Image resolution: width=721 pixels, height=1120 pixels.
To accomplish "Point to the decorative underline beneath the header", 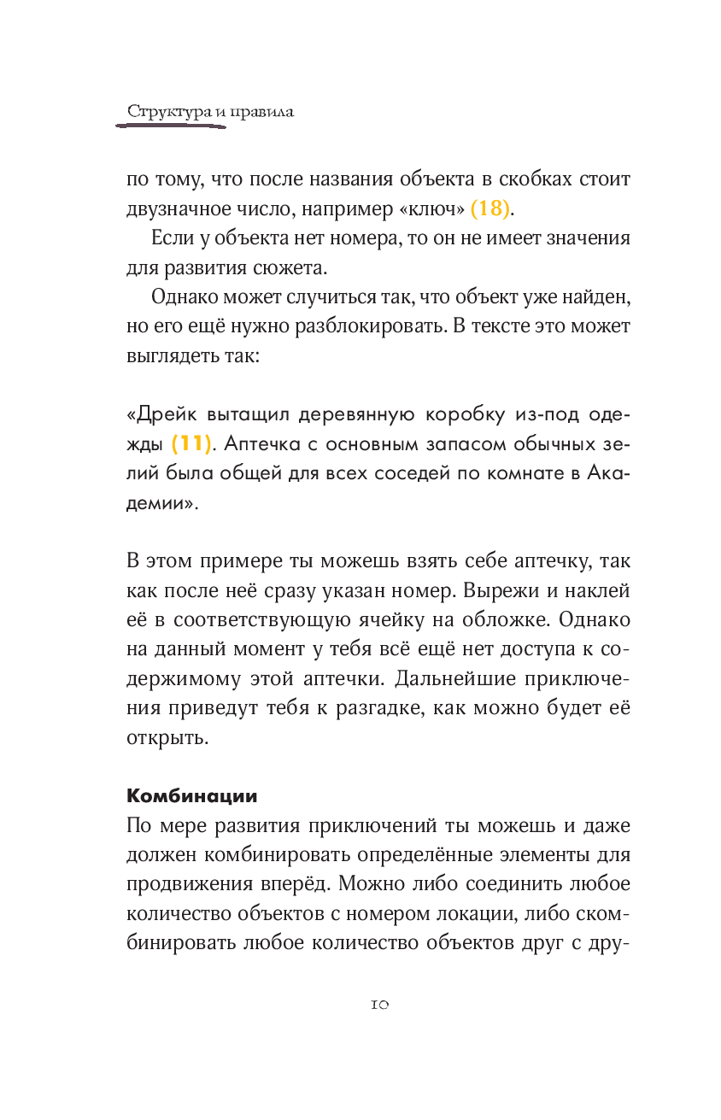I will point(171,126).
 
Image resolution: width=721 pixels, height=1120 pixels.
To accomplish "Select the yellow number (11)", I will point(190,444).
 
